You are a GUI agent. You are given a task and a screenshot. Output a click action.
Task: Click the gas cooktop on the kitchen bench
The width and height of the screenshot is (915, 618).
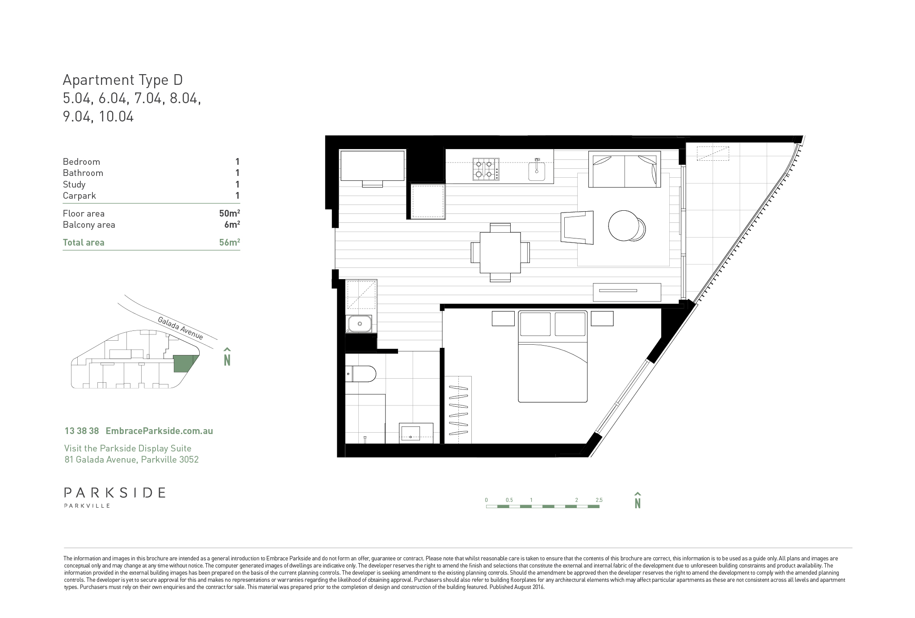(486, 169)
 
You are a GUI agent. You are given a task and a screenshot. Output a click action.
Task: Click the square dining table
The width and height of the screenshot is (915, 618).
(500, 252)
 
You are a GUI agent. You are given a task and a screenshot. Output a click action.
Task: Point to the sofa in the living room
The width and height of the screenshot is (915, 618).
(625, 170)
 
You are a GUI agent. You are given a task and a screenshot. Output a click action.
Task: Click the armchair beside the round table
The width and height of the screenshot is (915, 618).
(577, 227)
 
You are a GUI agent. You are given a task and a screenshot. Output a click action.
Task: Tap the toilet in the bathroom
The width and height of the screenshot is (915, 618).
(361, 374)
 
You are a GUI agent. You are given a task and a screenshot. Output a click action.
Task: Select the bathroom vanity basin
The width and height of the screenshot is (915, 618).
(411, 433)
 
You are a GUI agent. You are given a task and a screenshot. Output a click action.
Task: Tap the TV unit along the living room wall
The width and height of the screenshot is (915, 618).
(627, 292)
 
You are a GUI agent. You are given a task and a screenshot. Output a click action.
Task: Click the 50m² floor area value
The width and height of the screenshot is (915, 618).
(230, 213)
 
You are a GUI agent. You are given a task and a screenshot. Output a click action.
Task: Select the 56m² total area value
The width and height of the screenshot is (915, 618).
(230, 242)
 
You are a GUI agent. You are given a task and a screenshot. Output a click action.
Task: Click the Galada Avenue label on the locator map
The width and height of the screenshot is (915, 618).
(180, 328)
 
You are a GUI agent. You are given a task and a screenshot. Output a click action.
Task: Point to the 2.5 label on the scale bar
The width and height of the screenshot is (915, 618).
(599, 500)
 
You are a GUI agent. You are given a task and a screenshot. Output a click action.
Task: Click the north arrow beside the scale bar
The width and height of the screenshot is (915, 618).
(638, 500)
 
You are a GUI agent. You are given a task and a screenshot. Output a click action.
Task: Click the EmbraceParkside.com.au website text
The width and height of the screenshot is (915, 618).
(159, 431)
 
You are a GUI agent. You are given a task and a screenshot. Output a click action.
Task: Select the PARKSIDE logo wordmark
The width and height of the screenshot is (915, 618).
(115, 493)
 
